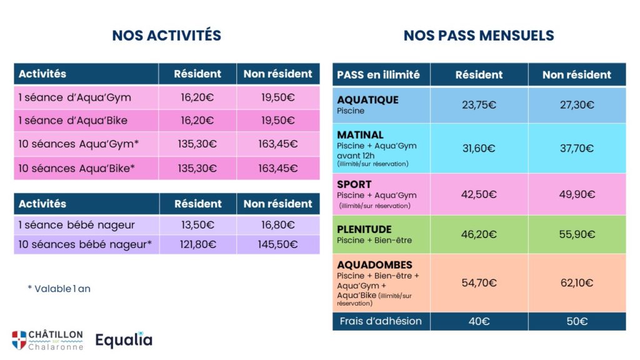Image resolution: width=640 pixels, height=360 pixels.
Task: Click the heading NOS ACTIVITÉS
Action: coord(166,36)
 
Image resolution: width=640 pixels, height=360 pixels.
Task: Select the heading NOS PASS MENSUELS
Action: coord(479,36)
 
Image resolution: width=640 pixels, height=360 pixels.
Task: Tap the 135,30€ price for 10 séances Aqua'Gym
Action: coord(197,144)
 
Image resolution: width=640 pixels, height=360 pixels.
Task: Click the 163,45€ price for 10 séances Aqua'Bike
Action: coord(278,168)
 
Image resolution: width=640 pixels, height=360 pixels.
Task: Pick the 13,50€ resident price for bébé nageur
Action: coord(198,225)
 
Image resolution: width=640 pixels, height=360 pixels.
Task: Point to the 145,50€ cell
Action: coord(278,244)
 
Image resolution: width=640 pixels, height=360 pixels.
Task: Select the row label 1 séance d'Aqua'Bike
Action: coord(73,121)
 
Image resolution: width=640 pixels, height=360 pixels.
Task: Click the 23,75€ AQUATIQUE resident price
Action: coord(479,105)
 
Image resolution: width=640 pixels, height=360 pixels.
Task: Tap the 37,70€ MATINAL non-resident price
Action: coord(577,148)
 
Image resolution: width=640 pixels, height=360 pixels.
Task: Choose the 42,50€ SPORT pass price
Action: coord(479,194)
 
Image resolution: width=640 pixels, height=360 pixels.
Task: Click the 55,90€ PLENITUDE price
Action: coord(577,234)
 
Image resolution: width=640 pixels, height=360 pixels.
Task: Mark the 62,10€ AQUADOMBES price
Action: coord(577,282)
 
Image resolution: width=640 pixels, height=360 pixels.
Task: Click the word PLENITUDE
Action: coord(364,229)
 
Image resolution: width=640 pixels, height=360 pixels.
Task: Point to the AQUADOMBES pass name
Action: coord(375,265)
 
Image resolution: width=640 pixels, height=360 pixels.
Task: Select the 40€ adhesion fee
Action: coord(479,321)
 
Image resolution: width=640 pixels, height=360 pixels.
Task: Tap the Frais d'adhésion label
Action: coord(381,321)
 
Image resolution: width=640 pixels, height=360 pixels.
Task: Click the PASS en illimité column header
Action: coord(378,75)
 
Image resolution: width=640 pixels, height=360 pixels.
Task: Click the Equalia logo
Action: coord(124,339)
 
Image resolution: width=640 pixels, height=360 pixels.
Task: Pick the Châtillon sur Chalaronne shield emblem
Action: coord(19,340)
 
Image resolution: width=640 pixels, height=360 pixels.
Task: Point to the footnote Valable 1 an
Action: coord(59,289)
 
